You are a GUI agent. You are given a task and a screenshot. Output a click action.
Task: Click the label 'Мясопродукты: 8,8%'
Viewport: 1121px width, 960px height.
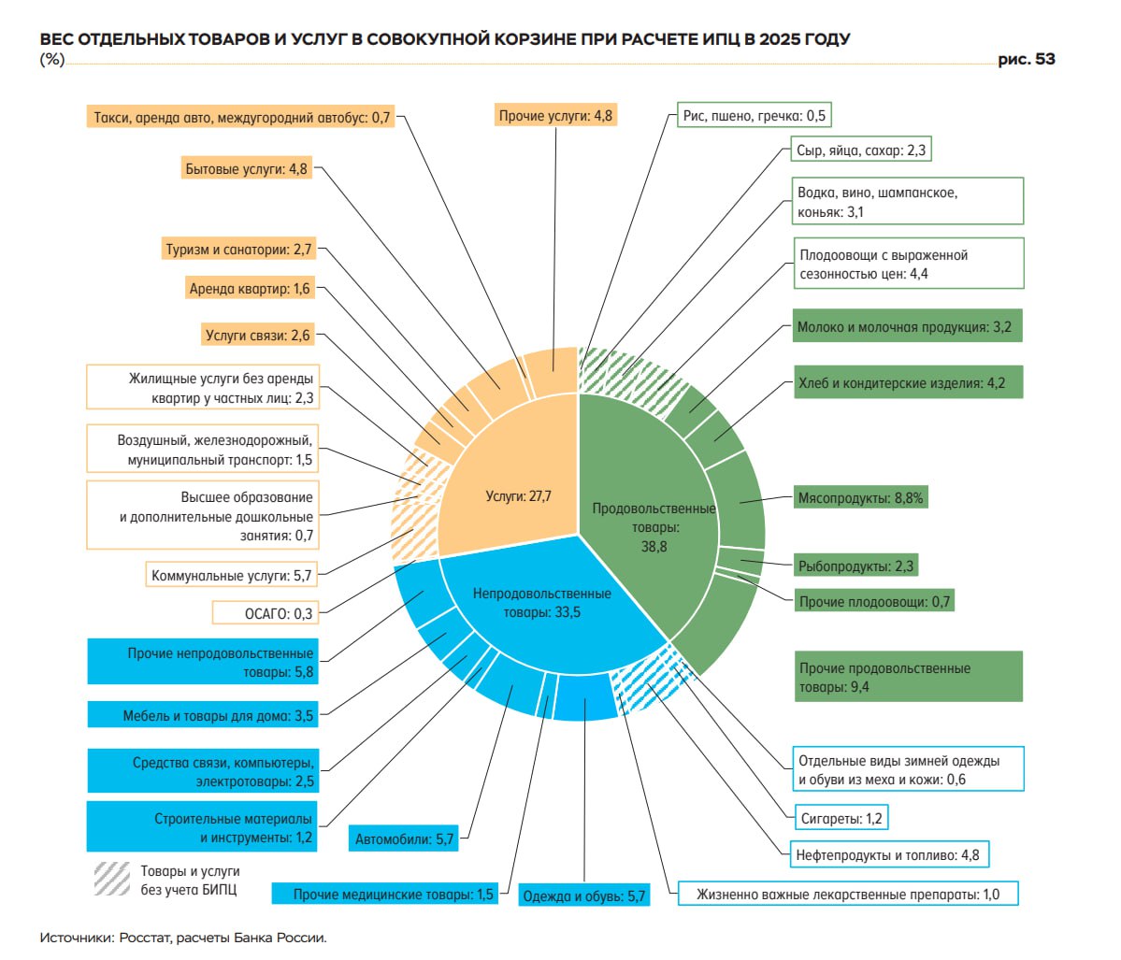(860, 498)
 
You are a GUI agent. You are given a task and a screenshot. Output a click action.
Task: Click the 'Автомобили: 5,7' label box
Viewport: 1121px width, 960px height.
(404, 839)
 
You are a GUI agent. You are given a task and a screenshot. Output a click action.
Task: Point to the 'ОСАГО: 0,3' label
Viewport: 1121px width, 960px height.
(265, 613)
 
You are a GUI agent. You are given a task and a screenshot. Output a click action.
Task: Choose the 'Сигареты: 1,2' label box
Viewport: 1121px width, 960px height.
(841, 818)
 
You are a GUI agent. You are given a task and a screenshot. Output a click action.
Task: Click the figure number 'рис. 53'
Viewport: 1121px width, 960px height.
(1026, 60)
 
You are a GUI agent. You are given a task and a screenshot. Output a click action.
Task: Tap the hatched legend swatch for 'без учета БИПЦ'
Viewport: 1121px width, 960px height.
(111, 879)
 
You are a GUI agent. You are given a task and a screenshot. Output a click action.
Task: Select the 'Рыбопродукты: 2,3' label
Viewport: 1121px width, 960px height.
(855, 566)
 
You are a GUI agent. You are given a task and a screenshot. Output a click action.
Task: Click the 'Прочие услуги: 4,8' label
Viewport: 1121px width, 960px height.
(555, 116)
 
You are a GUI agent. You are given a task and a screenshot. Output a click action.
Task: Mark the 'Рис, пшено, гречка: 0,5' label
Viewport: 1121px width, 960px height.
(754, 116)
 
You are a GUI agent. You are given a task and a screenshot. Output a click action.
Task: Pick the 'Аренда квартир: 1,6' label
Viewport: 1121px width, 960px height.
(250, 289)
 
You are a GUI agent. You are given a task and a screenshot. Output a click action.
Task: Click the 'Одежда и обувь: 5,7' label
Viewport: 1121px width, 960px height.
(584, 896)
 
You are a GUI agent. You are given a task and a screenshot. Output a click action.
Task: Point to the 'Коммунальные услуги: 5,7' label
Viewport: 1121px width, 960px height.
(231, 575)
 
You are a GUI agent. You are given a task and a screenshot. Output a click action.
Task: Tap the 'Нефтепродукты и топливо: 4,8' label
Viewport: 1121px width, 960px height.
(887, 854)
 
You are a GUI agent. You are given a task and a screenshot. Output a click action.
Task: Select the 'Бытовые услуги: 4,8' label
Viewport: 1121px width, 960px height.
(246, 169)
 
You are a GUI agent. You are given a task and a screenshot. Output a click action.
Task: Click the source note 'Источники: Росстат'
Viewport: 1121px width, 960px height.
(183, 938)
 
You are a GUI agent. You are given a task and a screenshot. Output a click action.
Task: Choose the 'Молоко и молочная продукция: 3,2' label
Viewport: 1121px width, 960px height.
(905, 327)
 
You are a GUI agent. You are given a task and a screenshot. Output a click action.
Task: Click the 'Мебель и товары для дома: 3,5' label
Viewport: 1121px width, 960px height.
(218, 715)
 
